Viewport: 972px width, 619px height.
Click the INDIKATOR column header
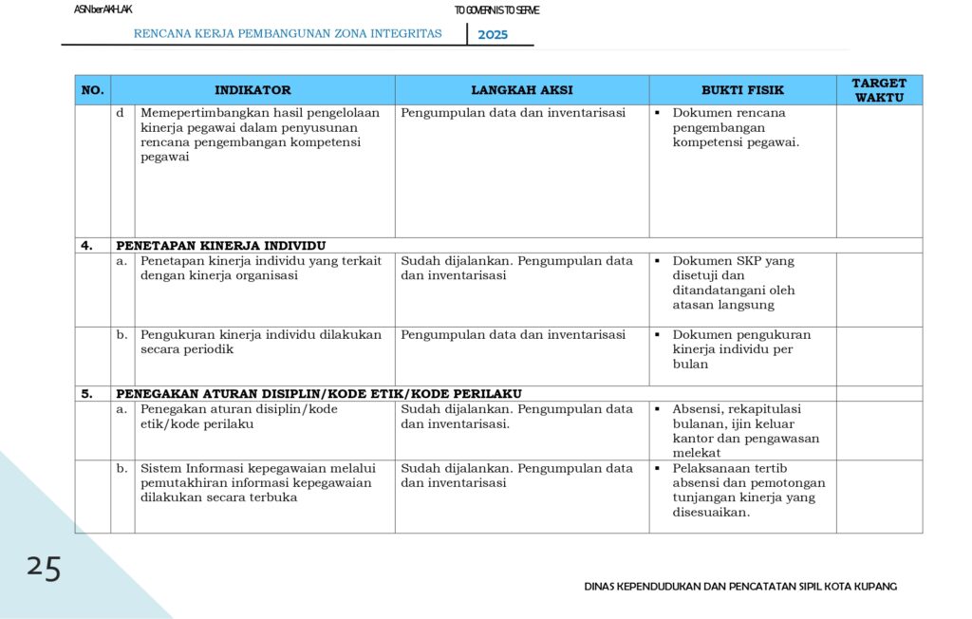tap(252, 90)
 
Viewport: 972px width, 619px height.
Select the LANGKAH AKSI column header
tap(522, 90)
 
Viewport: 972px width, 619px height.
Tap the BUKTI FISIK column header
tap(742, 90)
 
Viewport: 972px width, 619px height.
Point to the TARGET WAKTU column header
tap(879, 90)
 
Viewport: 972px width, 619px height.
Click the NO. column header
tap(92, 90)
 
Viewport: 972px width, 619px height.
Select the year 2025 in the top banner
tap(493, 35)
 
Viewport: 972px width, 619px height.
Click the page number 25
tap(44, 568)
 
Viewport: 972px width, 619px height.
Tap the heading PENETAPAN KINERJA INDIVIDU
tap(221, 245)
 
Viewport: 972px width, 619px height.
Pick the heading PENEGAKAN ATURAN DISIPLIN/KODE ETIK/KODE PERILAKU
tap(319, 393)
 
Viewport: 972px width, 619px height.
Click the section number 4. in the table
tap(86, 245)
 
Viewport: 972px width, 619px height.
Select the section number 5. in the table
tap(86, 393)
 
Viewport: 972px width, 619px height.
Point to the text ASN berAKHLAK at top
tap(103, 9)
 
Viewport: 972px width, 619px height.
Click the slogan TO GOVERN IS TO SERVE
tap(496, 10)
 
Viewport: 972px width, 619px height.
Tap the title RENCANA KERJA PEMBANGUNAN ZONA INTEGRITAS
tap(288, 33)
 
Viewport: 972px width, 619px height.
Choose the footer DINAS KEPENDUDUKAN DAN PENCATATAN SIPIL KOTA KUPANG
tap(740, 586)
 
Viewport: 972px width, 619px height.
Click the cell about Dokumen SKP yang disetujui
tap(734, 283)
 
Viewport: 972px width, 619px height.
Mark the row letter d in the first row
tap(121, 113)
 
